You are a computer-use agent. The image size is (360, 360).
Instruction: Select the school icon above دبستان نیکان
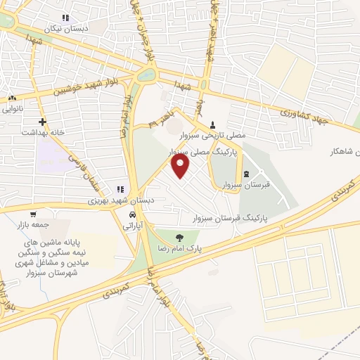[x=65, y=18]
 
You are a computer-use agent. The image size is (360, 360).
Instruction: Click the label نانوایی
[x=12, y=109]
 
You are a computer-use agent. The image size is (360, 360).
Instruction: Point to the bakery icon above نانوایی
[x=12, y=98]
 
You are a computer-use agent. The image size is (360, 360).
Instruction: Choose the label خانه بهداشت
[x=43, y=132]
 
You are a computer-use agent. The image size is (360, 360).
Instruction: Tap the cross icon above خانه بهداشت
[x=43, y=121]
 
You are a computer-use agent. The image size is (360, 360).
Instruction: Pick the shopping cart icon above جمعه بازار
[x=33, y=214]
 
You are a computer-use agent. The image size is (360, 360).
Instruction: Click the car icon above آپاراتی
[x=131, y=214]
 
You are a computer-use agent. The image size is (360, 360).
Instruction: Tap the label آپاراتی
[x=133, y=226]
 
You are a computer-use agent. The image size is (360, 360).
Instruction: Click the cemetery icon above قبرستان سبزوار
[x=245, y=174]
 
